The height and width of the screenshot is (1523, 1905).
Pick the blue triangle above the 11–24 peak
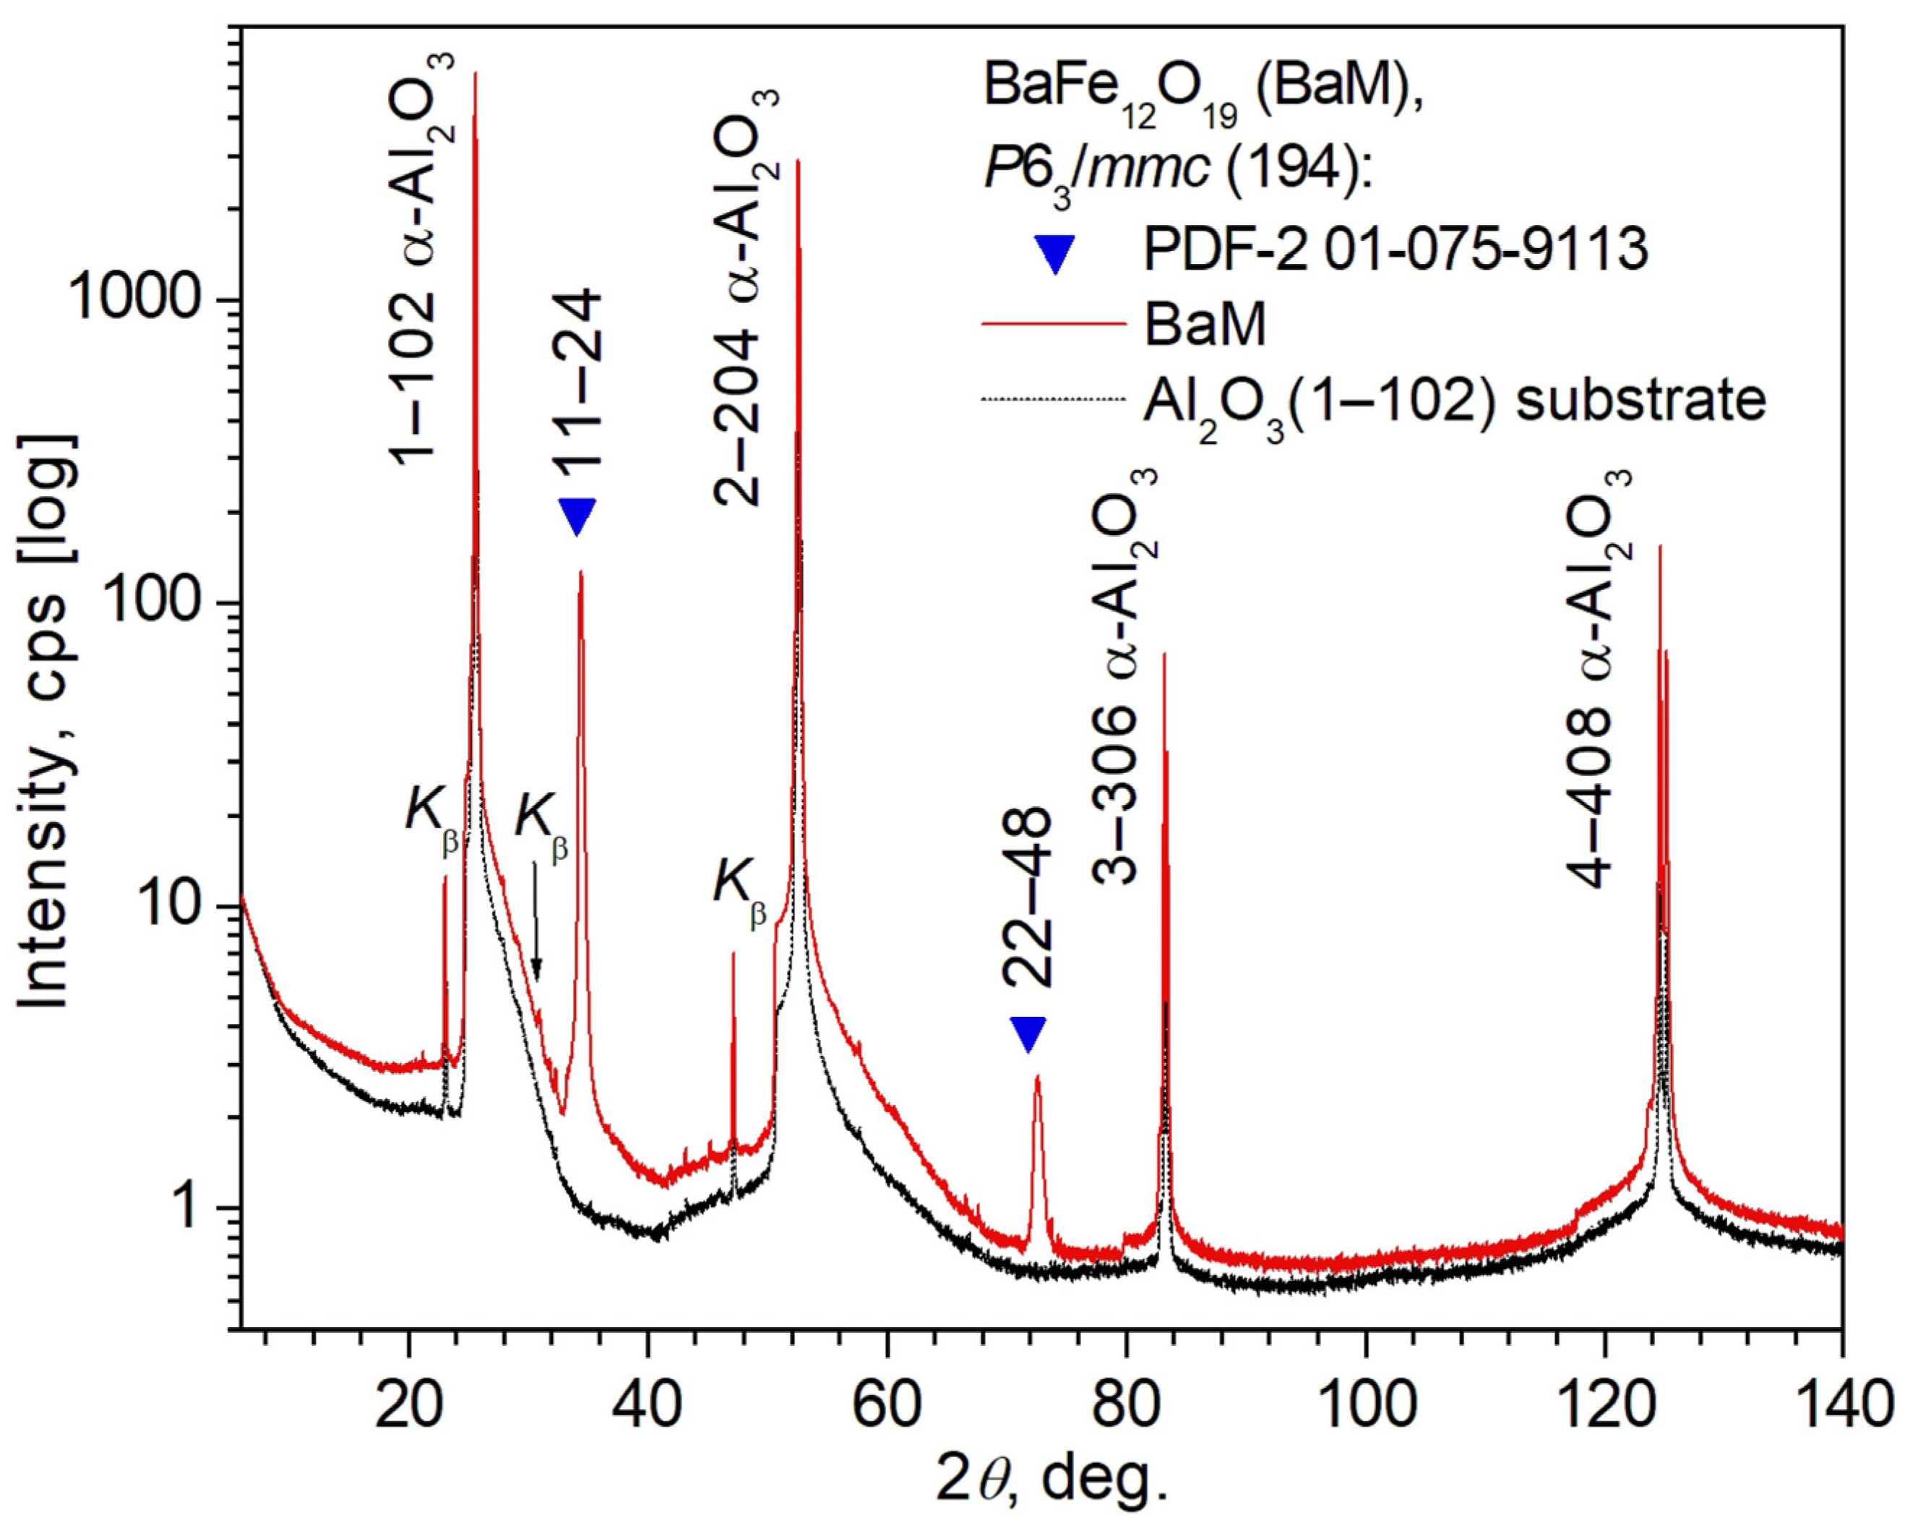(x=578, y=516)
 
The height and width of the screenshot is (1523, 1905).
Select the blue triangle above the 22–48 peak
(x=1028, y=1034)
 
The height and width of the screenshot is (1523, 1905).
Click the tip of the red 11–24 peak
(x=580, y=573)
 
